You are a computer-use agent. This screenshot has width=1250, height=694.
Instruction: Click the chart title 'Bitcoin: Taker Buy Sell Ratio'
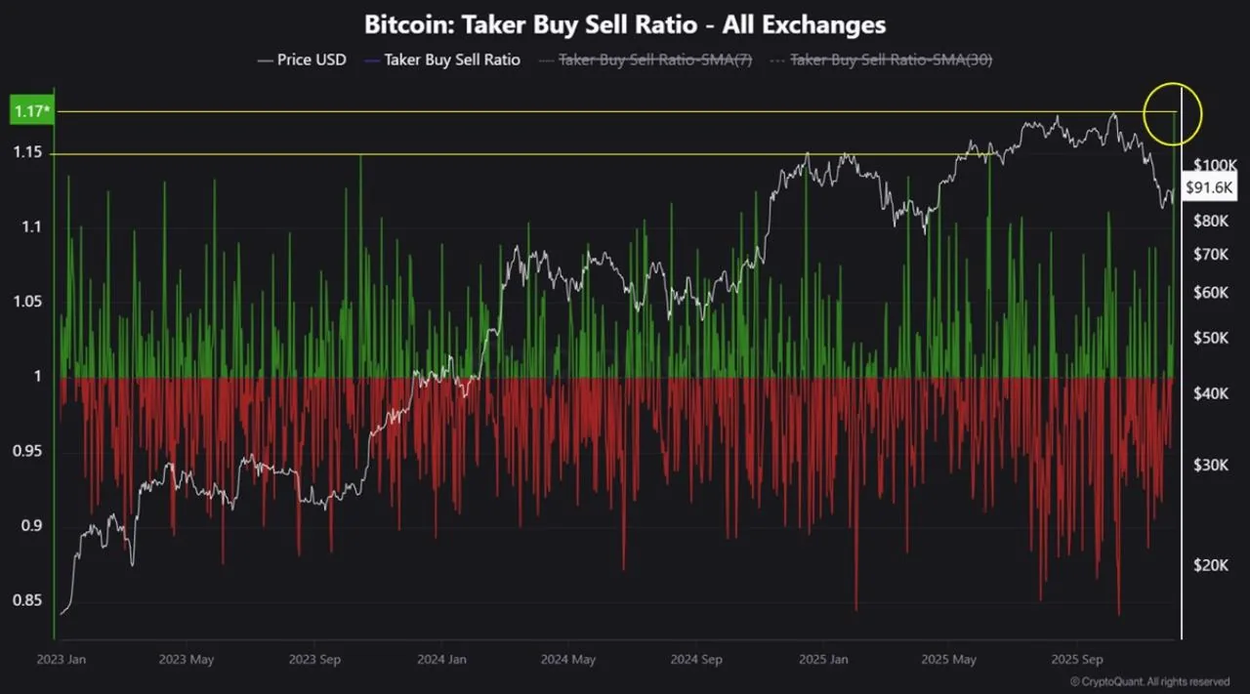[x=625, y=24]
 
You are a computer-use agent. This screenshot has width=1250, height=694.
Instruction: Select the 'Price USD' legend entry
[x=302, y=60]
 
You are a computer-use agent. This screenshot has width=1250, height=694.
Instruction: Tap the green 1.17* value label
[x=30, y=111]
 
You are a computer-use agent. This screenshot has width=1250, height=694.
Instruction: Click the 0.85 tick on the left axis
[x=26, y=600]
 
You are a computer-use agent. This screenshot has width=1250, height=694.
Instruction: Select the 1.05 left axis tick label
[x=26, y=302]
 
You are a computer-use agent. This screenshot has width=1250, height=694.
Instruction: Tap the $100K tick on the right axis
[x=1215, y=164]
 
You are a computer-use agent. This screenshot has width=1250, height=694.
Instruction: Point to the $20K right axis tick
[x=1211, y=565]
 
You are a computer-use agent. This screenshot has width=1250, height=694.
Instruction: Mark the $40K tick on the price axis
[x=1211, y=393]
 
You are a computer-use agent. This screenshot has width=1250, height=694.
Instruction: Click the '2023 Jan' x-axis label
[x=61, y=659]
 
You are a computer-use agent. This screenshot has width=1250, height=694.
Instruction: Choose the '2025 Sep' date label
[x=1078, y=659]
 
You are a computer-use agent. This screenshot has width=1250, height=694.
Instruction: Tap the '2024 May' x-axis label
[x=568, y=659]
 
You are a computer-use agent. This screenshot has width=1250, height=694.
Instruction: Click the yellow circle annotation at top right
[x=1172, y=114]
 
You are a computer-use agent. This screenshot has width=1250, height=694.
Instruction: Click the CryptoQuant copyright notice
[x=1149, y=681]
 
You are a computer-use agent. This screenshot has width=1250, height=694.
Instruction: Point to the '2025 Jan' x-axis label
[x=822, y=659]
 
